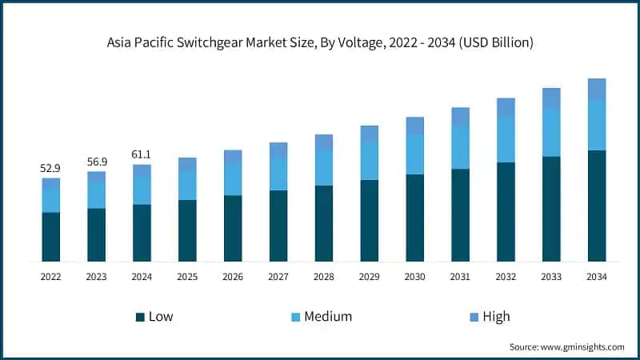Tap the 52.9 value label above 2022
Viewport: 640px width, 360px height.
(x=51, y=168)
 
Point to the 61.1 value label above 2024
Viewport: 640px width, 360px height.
(x=142, y=154)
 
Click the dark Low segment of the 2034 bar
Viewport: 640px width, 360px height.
(x=597, y=206)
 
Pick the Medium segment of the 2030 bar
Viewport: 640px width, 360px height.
(x=414, y=154)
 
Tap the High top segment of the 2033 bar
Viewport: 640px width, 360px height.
(x=551, y=98)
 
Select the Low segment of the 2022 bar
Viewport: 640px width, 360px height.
(x=51, y=237)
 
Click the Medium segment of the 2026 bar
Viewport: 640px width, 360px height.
(x=233, y=178)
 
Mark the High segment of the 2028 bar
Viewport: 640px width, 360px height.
(x=324, y=142)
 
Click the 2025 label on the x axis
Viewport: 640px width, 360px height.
(x=187, y=276)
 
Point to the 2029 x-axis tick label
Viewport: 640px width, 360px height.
(x=370, y=276)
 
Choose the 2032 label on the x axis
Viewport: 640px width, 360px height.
(x=506, y=276)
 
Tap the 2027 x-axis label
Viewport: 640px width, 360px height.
(x=278, y=276)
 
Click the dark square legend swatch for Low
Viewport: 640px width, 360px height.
(x=141, y=317)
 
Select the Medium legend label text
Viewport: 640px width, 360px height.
(x=329, y=317)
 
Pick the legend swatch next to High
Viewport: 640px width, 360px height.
(x=474, y=317)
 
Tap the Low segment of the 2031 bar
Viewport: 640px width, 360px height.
(x=460, y=215)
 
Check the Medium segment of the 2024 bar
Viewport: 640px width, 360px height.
(x=142, y=190)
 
